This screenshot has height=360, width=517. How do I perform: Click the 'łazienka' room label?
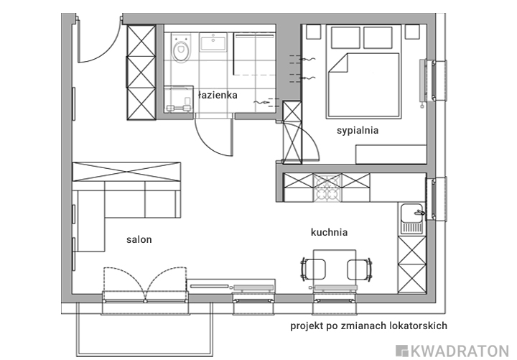tap(218, 95)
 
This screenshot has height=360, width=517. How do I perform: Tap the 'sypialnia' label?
tap(358, 130)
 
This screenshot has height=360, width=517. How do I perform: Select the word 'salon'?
tap(139, 239)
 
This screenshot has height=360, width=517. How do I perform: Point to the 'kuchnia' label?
tap(329, 232)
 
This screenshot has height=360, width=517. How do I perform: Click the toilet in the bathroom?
tap(181, 48)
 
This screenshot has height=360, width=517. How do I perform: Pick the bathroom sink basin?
tap(213, 42)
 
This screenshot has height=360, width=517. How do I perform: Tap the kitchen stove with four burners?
tap(327, 188)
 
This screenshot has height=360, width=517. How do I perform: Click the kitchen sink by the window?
tap(412, 218)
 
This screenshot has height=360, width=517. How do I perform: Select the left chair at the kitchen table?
tap(313, 270)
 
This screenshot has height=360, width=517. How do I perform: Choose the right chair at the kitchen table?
tap(360, 270)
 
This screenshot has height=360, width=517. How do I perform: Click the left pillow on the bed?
tap(345, 37)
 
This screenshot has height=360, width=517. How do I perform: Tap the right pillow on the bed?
tap(378, 37)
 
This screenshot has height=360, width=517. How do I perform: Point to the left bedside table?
tap(314, 32)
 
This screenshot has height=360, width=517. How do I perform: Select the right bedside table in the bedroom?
tap(412, 32)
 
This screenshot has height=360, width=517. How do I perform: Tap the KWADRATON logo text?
tap(452, 351)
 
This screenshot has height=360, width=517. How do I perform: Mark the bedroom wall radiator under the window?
tap(422, 81)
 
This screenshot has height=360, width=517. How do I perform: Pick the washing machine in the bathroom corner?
tap(179, 100)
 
